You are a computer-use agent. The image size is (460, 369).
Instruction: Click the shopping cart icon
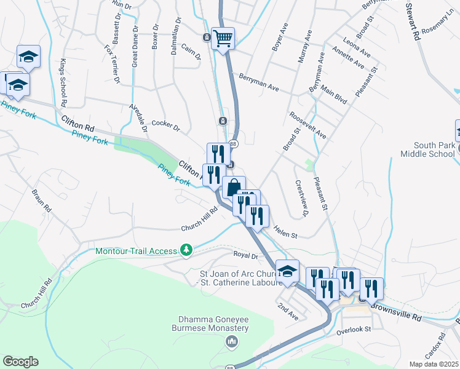point(223,38)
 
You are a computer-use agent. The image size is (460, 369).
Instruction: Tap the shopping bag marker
point(234,187)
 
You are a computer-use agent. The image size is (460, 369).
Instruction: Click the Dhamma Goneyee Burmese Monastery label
point(213,323)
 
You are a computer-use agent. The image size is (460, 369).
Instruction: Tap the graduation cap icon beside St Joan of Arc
point(287,271)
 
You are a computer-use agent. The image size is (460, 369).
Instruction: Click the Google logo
point(20,362)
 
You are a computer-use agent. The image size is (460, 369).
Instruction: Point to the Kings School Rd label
point(63,82)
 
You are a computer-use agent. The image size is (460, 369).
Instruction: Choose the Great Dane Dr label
point(135,47)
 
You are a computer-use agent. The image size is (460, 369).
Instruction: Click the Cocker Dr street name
point(165,126)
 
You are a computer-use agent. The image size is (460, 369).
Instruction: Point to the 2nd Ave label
point(287,311)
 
